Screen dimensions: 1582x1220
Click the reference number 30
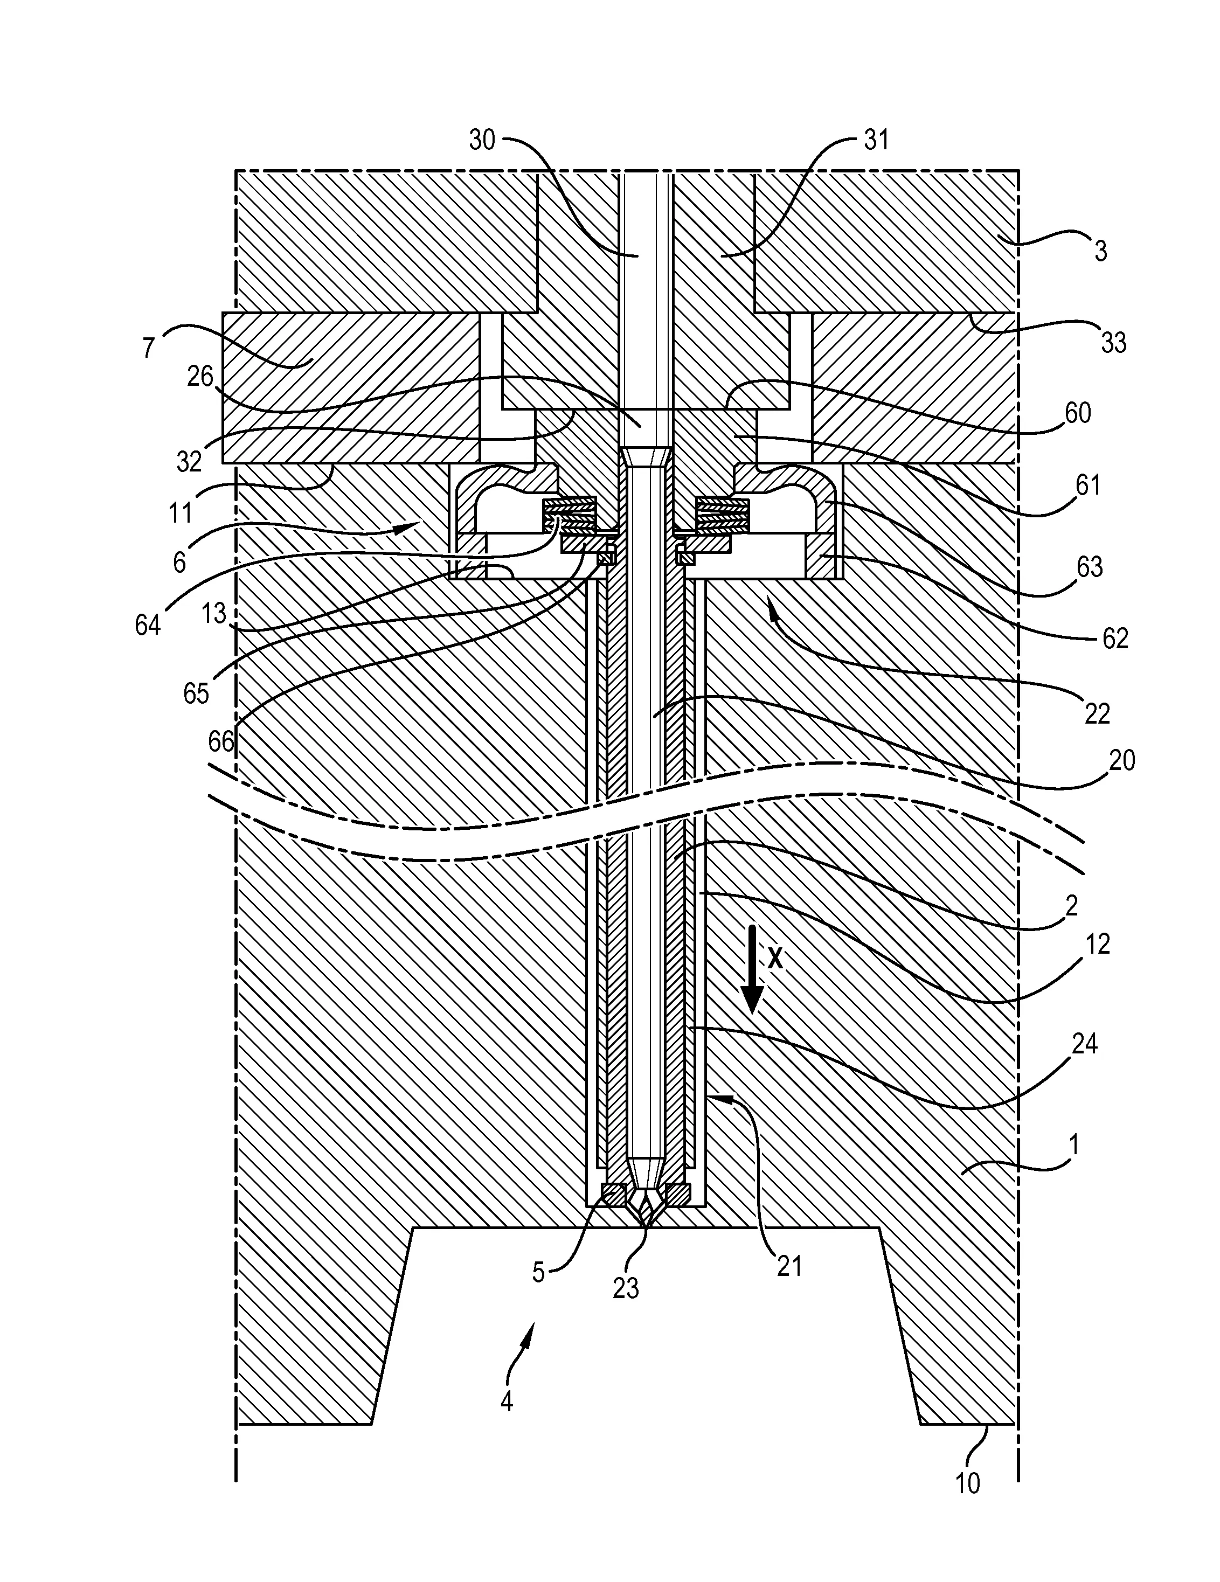(482, 140)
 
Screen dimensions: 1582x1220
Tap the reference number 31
(876, 140)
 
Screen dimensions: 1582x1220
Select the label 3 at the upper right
(1100, 252)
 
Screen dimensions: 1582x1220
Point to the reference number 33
(1113, 343)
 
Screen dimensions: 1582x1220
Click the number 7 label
(149, 348)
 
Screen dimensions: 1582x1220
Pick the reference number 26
(200, 376)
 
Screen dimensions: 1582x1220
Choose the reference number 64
(148, 625)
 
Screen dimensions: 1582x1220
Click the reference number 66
(221, 741)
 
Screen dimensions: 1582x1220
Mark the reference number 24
(1085, 1044)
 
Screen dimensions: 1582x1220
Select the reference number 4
(507, 1401)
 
